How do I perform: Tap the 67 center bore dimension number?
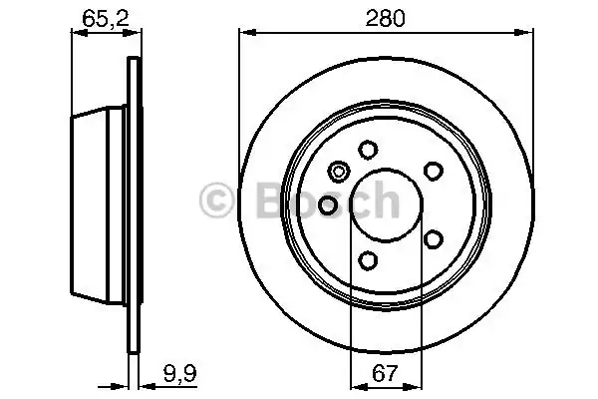click(x=384, y=375)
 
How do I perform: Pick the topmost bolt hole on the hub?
click(x=367, y=150)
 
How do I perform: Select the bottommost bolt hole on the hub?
click(x=367, y=261)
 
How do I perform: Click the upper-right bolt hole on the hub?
click(x=433, y=171)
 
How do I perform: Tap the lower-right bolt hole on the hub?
click(x=433, y=239)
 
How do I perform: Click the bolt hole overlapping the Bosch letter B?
click(x=328, y=206)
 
